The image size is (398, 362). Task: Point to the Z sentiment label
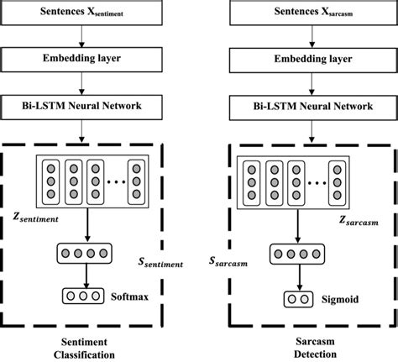pos(36,218)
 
